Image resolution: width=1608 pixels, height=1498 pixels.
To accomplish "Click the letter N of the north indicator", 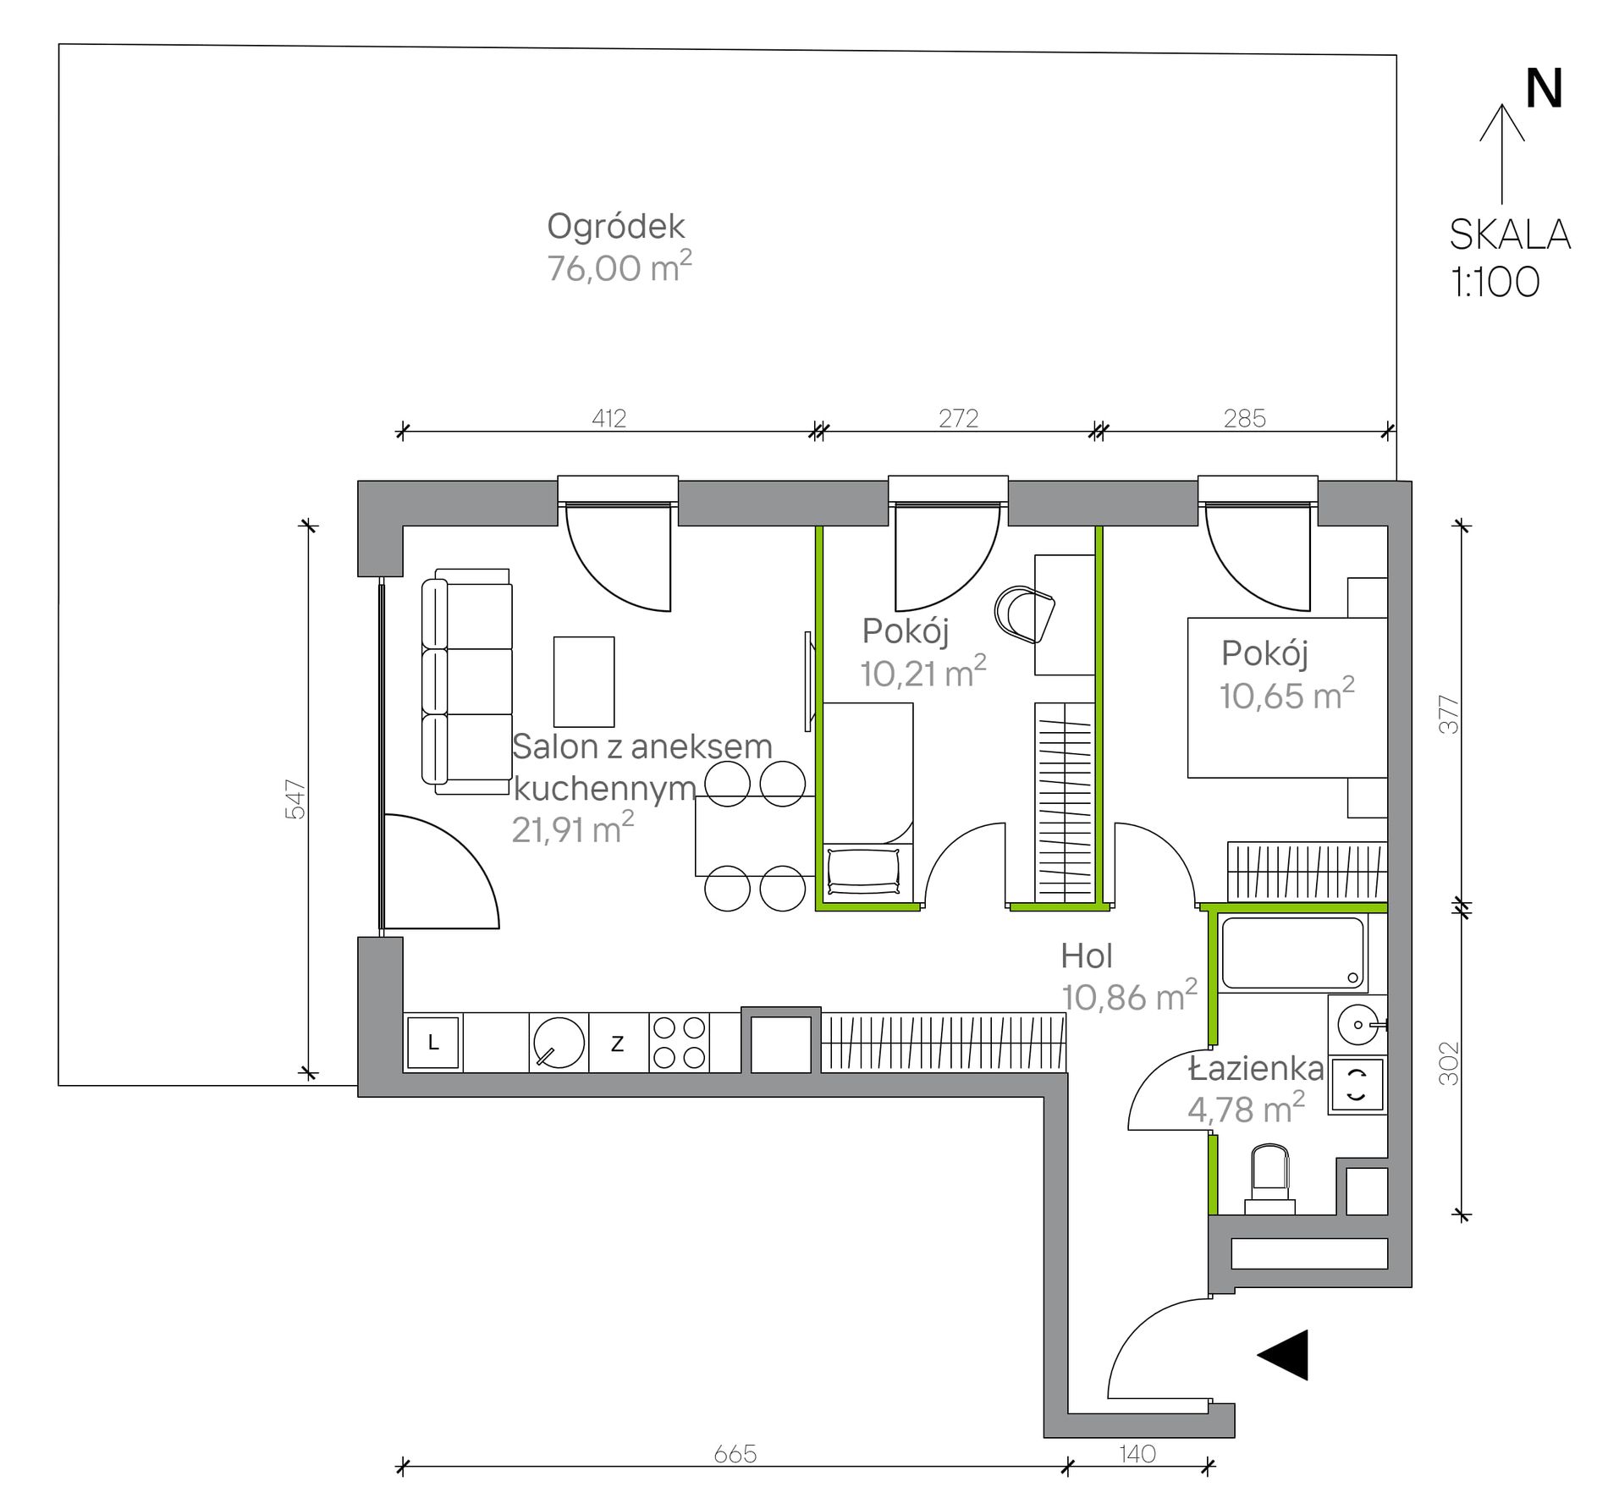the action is coord(1543,89).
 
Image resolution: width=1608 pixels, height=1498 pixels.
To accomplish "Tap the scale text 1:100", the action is coord(1495,282).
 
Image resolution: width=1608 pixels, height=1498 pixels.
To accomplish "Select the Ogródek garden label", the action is coord(615,227).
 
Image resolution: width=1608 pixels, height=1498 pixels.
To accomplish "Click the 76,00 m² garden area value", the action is coord(619,267).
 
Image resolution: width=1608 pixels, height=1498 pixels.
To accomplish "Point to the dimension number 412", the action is coord(609,418).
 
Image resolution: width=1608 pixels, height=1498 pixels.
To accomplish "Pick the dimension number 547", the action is coord(295,799).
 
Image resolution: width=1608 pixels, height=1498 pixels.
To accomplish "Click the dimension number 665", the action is coord(735,1454).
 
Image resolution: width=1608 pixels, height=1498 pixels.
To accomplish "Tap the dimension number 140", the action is coord(1137,1454).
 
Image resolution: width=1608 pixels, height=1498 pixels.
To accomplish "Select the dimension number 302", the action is coord(1449,1063).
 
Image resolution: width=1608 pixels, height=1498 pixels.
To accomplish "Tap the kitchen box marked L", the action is coord(433,1043).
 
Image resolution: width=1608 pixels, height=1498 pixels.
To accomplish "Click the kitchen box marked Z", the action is coord(618,1043).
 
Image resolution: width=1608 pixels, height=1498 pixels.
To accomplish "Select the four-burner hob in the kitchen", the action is coord(680,1043).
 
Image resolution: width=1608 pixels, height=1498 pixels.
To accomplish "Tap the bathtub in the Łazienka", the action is coord(1293,954).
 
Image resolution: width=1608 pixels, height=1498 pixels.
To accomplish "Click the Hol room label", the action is coord(1087,956).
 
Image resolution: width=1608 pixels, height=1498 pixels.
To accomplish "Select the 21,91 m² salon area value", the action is coord(573,829).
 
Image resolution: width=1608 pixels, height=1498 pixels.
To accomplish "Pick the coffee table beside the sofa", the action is coord(584,681).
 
